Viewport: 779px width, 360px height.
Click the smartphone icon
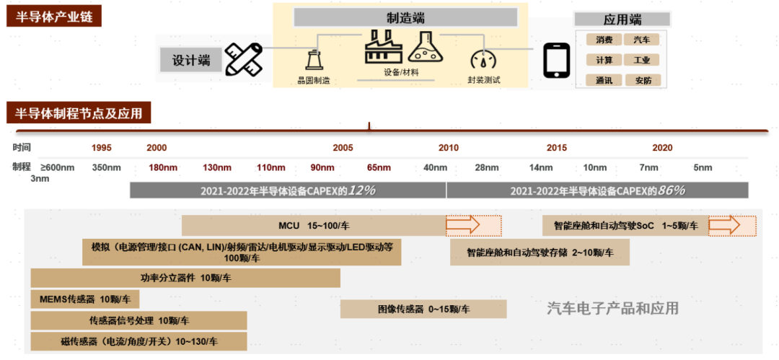pyautogui.click(x=556, y=61)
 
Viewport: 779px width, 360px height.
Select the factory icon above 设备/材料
pyautogui.click(x=382, y=48)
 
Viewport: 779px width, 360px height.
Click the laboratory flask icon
pyautogui.click(x=425, y=48)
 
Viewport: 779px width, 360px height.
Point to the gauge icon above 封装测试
pyautogui.click(x=483, y=59)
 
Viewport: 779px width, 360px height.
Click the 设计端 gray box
pyautogui.click(x=191, y=61)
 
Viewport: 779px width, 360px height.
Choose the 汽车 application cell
pyautogui.click(x=641, y=40)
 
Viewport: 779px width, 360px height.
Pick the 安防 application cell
pyautogui.click(x=641, y=81)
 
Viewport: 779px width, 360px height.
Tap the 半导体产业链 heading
pyautogui.click(x=54, y=16)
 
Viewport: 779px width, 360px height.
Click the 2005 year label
pyautogui.click(x=343, y=148)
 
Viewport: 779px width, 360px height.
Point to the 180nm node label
pyautogui.click(x=163, y=168)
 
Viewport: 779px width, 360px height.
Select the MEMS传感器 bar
pyautogui.click(x=84, y=299)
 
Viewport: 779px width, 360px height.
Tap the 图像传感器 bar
pyautogui.click(x=423, y=309)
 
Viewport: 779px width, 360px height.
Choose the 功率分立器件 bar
pyautogui.click(x=185, y=278)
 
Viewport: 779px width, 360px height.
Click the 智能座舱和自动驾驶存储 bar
pyautogui.click(x=540, y=253)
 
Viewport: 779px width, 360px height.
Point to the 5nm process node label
pyautogui.click(x=703, y=168)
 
